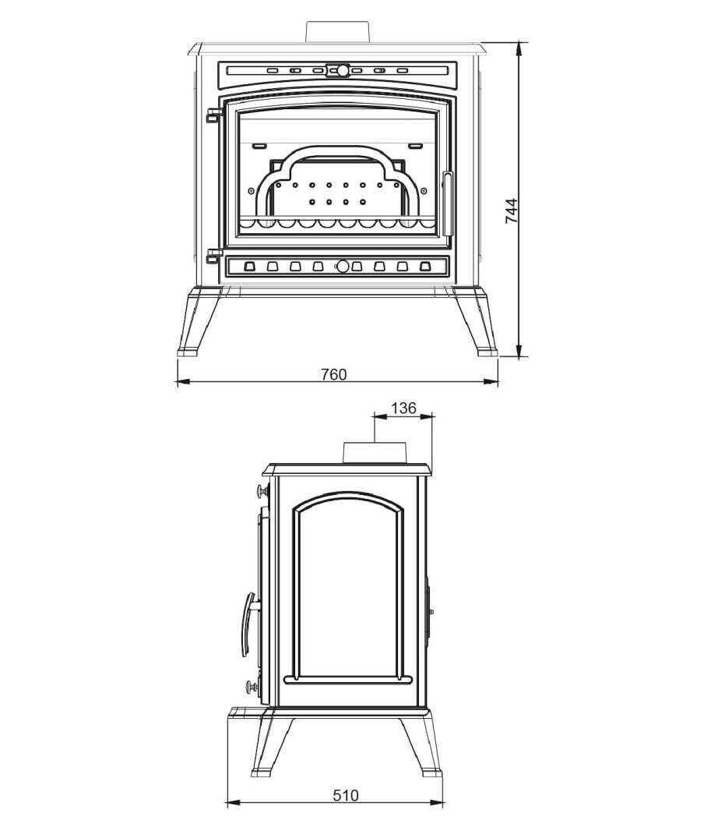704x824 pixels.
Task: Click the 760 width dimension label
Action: [x=334, y=374]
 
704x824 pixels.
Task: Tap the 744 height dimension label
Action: [x=512, y=210]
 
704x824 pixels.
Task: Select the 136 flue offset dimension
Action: [x=403, y=408]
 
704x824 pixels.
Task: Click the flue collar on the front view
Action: [x=336, y=31]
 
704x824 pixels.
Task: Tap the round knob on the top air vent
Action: [x=343, y=70]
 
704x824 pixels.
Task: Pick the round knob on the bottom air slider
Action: [x=343, y=267]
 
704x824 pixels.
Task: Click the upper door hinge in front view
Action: [x=213, y=115]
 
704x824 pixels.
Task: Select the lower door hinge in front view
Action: [x=213, y=255]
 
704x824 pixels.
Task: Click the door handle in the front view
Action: [x=447, y=203]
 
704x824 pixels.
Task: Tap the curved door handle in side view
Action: [x=249, y=624]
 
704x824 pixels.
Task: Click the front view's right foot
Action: [x=486, y=351]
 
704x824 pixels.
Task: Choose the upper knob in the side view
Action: [x=262, y=491]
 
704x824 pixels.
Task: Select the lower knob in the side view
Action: [x=252, y=686]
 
